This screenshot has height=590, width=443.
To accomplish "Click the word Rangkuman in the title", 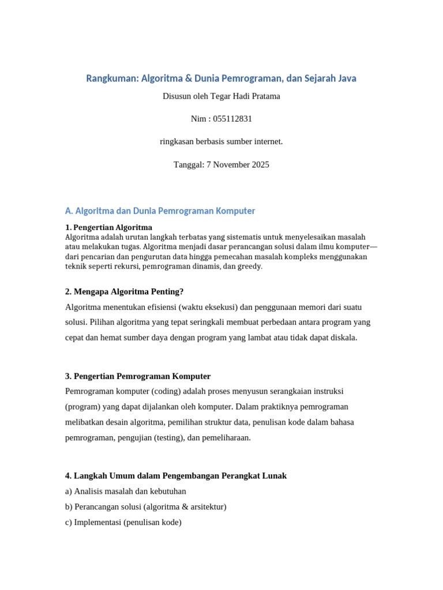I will [x=112, y=78].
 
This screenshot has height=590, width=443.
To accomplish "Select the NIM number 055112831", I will [x=232, y=119].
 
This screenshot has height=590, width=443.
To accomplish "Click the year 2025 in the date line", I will [x=259, y=165].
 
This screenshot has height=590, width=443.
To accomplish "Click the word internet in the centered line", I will [x=266, y=142].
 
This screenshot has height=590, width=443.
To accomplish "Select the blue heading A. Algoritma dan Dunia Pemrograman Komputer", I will [x=160, y=211].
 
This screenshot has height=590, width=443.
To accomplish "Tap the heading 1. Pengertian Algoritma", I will [x=109, y=227].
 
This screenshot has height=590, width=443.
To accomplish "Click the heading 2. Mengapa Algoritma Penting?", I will [x=124, y=292].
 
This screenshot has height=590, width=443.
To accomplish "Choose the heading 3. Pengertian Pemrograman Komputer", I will [x=138, y=376].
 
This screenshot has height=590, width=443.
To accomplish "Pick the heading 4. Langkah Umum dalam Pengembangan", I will [x=176, y=476].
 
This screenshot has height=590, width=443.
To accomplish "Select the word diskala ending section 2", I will [x=343, y=338].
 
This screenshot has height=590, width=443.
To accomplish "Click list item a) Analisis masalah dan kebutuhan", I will [x=126, y=491].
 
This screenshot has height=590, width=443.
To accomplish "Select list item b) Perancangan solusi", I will [x=146, y=507].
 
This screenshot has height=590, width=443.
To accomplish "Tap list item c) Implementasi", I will [x=123, y=523].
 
